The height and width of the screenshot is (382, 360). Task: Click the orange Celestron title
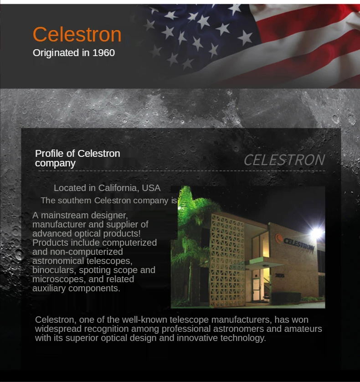pyautogui.click(x=77, y=34)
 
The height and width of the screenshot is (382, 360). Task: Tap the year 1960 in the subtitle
pyautogui.click(x=103, y=53)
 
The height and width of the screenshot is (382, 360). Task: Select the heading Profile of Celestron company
pyautogui.click(x=77, y=158)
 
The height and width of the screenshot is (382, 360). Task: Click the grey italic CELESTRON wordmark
pyautogui.click(x=284, y=160)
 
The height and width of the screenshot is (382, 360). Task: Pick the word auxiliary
pyautogui.click(x=49, y=288)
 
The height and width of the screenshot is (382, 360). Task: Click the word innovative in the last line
pyautogui.click(x=197, y=338)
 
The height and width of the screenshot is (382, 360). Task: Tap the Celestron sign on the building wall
pyautogui.click(x=295, y=243)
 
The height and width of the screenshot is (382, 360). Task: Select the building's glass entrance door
pyautogui.click(x=256, y=289)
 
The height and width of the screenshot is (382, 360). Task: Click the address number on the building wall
pyautogui.click(x=280, y=275)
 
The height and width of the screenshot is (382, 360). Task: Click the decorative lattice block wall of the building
pyautogui.click(x=227, y=260)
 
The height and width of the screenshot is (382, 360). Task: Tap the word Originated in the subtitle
pyautogui.click(x=56, y=53)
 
